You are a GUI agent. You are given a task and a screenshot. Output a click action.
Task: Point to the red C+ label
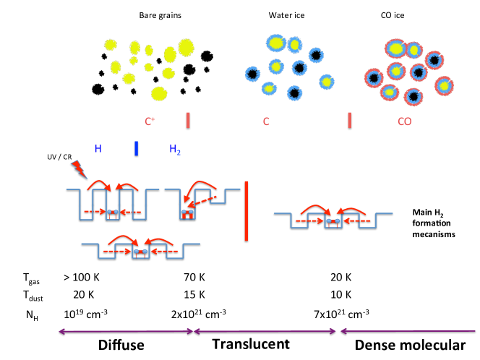[x=150, y=121]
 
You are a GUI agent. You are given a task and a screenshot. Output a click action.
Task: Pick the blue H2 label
[x=176, y=150]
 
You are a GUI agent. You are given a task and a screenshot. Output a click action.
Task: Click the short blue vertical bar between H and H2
[x=135, y=149]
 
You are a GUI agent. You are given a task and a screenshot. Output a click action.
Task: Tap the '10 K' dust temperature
[x=340, y=295]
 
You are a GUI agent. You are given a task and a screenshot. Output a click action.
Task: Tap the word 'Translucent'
[x=249, y=343]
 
